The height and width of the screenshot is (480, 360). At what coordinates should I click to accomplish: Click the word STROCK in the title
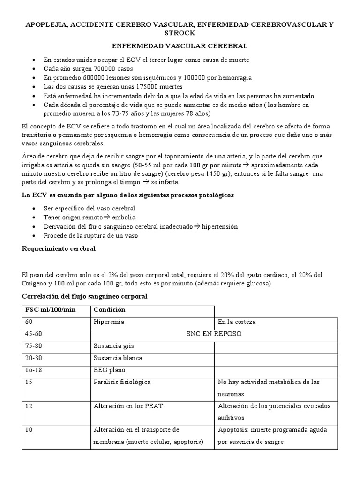pos(180,34)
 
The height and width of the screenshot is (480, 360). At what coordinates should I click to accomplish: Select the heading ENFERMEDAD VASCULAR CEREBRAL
pos(180,46)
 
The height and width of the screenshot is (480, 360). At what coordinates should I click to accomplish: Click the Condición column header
pos(110,310)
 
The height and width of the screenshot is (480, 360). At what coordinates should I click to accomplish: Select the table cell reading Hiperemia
pos(109,322)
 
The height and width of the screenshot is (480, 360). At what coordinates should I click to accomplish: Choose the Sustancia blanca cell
pos(118,358)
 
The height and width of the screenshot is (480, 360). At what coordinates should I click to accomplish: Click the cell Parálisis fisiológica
pos(122,382)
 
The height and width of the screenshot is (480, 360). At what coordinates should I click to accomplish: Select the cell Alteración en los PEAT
pos(128,406)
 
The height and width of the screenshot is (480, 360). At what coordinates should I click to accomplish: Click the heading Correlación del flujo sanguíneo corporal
pos(85,296)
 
